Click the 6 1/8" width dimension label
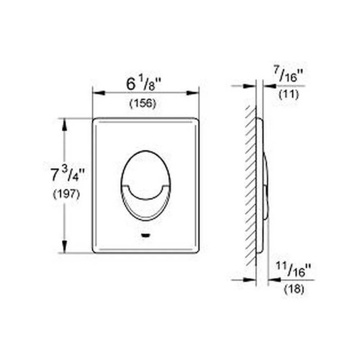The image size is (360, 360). [144, 84]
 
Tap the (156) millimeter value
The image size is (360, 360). [143, 103]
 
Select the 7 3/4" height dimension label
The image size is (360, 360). [68, 174]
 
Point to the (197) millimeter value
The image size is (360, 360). [66, 194]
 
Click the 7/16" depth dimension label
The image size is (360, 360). [288, 74]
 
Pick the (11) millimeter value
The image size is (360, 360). [289, 94]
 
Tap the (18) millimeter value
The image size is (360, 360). [294, 289]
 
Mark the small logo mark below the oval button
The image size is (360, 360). [145, 235]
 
